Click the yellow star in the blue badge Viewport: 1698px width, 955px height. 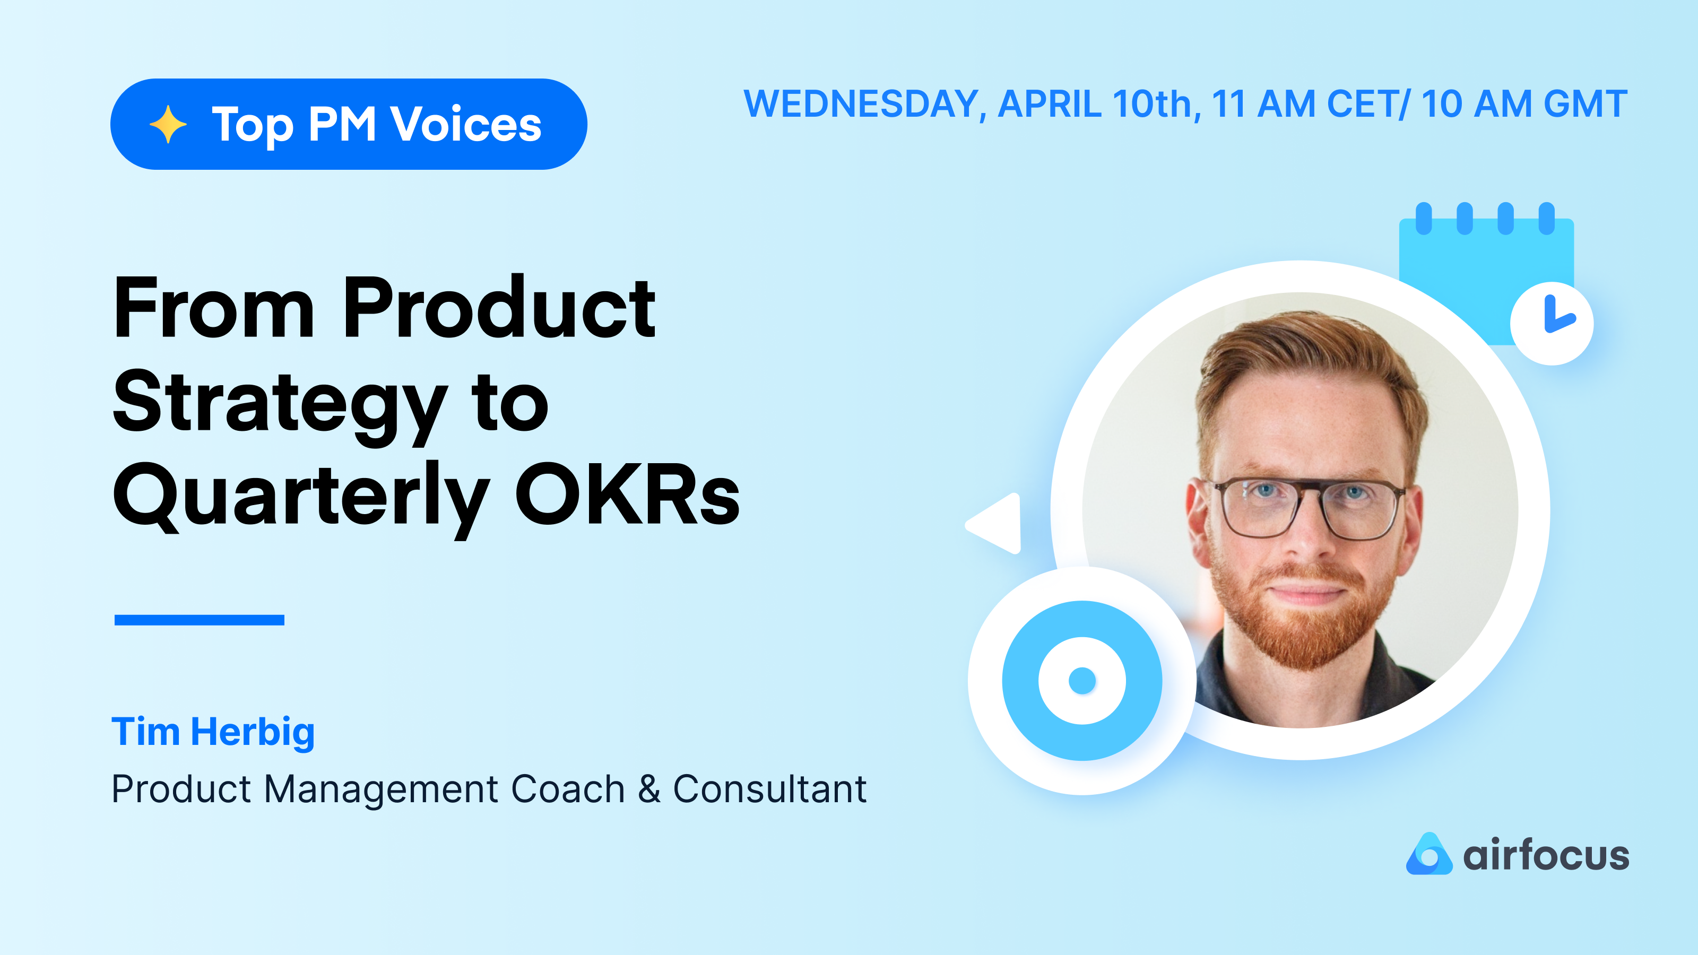[168, 124]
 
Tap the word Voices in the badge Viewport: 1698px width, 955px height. [466, 124]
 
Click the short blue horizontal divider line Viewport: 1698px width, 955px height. [199, 620]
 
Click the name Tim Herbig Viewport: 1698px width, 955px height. [213, 732]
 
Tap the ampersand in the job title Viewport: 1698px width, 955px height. [648, 788]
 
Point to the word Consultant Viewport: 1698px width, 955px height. [769, 788]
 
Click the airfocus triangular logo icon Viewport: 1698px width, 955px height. [1428, 855]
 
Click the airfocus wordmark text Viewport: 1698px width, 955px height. [1546, 855]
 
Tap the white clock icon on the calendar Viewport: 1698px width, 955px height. [1552, 323]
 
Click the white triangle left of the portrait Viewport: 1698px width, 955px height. [997, 524]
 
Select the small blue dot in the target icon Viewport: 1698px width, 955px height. [1082, 681]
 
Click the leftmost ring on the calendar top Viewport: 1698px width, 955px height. [1424, 218]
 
